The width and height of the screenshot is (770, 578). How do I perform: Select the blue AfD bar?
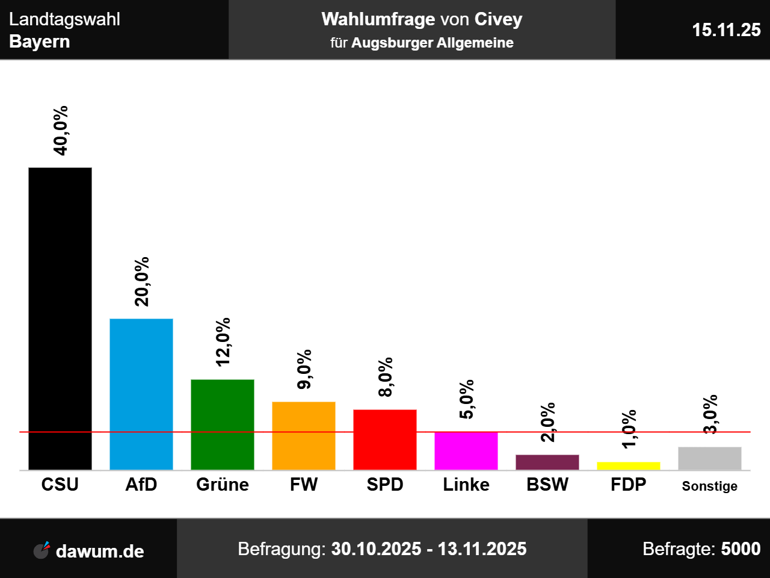(141, 394)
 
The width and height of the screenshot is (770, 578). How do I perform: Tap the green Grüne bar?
(223, 424)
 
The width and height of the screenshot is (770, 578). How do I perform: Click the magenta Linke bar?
(466, 450)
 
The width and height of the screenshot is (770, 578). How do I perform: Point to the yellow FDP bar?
(629, 465)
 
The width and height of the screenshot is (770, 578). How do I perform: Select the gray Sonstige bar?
(710, 458)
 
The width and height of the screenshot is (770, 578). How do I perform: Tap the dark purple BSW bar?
(547, 462)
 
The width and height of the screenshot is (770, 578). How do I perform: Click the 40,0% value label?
(61, 131)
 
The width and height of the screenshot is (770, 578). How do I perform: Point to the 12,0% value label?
(223, 342)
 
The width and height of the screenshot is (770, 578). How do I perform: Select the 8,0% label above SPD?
(386, 377)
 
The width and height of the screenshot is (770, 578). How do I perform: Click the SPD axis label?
(385, 485)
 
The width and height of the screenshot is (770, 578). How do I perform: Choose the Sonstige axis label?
(710, 486)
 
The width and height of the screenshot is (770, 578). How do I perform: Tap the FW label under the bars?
(304, 485)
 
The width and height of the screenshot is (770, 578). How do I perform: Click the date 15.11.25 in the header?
(726, 30)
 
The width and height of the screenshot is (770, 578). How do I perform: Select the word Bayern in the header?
(40, 42)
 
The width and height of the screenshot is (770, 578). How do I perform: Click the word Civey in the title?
(498, 19)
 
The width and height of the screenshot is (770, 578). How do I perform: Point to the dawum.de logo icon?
(42, 550)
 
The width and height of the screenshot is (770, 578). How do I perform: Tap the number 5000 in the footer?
(741, 549)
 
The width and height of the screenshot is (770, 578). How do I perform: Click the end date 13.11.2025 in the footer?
(482, 549)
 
